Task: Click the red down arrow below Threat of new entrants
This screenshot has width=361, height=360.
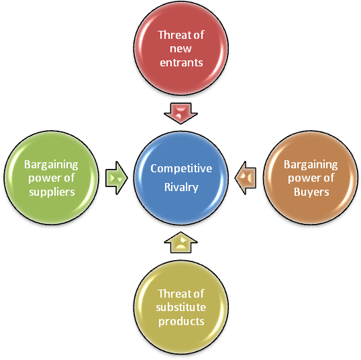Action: tap(180, 113)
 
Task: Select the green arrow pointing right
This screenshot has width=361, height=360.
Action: tap(117, 178)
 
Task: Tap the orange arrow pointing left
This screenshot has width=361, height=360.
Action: tap(246, 178)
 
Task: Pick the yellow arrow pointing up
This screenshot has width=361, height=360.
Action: tap(180, 243)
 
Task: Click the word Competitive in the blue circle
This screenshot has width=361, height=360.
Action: tap(181, 169)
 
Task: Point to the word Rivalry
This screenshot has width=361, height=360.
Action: tap(181, 188)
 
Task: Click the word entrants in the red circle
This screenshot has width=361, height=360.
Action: tap(181, 62)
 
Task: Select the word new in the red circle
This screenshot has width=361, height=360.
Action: tap(180, 49)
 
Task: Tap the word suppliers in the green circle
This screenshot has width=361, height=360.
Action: tap(52, 192)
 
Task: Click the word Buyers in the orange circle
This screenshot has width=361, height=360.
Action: tap(311, 192)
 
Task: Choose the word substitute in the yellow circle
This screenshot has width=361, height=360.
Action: tap(181, 307)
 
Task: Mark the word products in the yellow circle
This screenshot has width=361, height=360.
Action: tap(181, 322)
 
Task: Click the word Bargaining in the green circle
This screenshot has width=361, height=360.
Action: tap(51, 165)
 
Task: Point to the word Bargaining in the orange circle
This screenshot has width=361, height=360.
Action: tap(311, 165)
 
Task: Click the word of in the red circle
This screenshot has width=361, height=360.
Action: tap(199, 35)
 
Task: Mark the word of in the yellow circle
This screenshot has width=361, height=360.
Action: tap(199, 294)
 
